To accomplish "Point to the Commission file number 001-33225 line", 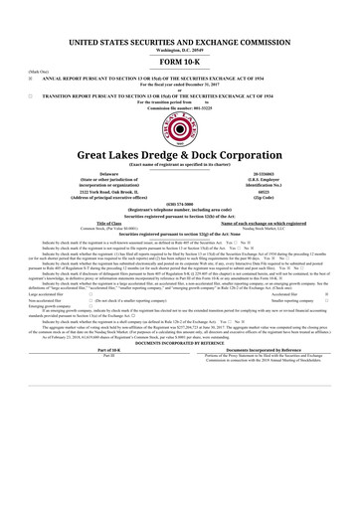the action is tap(180, 107).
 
